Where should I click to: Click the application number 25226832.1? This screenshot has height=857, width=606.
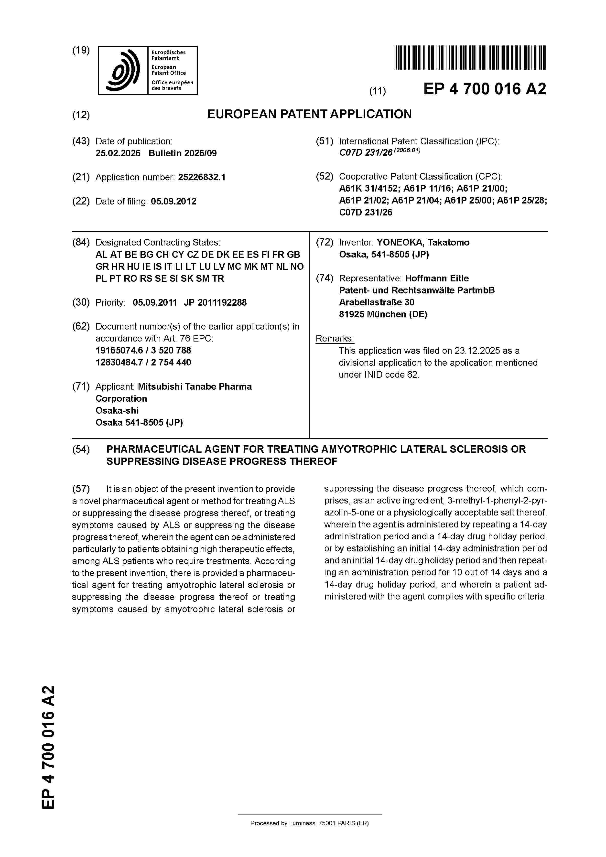tap(202, 177)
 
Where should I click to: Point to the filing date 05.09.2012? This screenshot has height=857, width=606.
tap(174, 202)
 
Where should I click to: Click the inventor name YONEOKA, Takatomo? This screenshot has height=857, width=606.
tap(423, 243)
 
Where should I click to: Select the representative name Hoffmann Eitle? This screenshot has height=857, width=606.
tap(437, 279)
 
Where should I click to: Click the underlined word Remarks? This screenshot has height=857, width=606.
tap(335, 339)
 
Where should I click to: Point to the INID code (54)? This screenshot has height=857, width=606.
tap(81, 450)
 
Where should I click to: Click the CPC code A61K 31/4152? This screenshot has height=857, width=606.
tap(368, 189)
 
